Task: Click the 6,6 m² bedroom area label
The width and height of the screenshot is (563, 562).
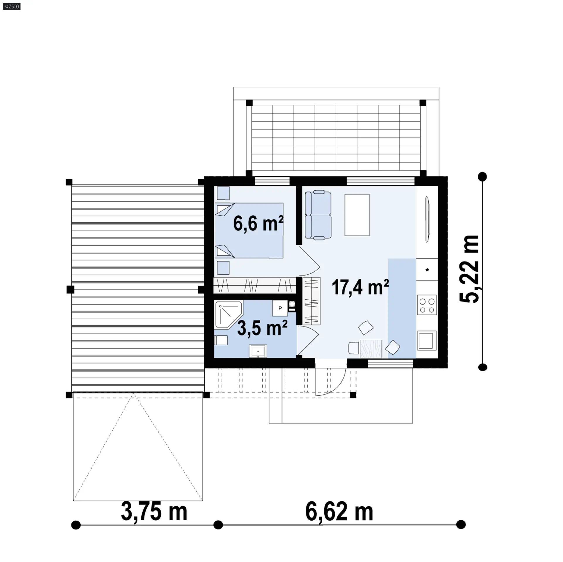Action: click(x=258, y=224)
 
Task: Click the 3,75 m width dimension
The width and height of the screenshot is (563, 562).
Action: click(x=154, y=511)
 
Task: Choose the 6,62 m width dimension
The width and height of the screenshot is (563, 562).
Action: click(x=339, y=511)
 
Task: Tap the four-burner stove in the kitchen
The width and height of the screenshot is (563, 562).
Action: click(x=427, y=305)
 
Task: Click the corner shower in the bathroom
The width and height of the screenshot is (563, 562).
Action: click(x=228, y=314)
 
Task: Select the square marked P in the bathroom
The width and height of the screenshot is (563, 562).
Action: click(x=280, y=308)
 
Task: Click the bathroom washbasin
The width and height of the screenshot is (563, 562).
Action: click(x=258, y=351)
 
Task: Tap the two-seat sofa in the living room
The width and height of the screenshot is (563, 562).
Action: click(x=318, y=214)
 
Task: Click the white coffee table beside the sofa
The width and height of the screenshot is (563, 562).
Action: click(x=357, y=215)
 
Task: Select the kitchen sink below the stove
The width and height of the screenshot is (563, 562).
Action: click(x=427, y=341)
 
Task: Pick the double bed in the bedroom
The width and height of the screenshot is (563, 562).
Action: click(x=249, y=231)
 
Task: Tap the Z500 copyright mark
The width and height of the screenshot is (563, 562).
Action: click(x=12, y=6)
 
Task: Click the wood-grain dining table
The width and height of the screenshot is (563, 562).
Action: click(x=371, y=349)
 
